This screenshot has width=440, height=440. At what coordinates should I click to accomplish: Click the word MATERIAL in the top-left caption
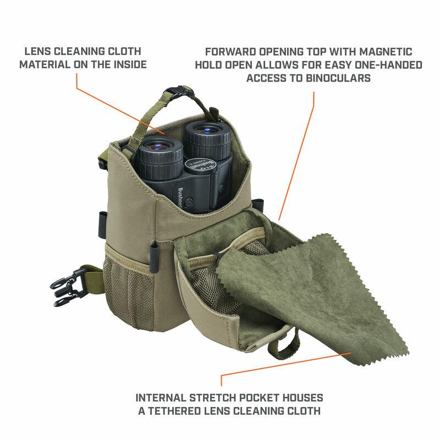(42, 64)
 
